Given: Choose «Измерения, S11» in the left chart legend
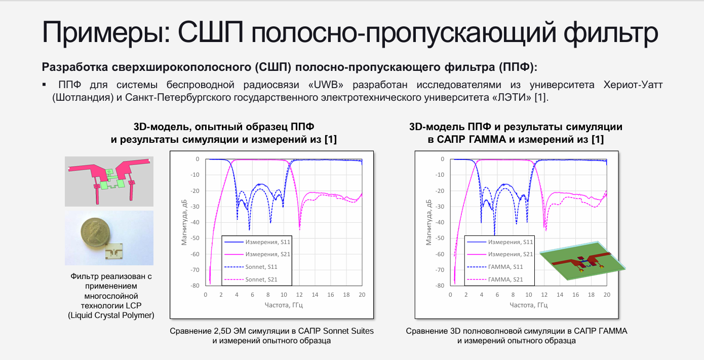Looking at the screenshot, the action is click(x=257, y=242).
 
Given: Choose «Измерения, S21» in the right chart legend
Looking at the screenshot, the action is click(x=500, y=255).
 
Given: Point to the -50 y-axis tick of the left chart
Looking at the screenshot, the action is click(x=195, y=238).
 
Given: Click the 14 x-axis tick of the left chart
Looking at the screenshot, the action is click(x=315, y=295).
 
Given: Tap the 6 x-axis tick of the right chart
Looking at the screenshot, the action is click(x=497, y=295).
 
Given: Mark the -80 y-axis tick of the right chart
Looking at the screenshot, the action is click(x=440, y=286).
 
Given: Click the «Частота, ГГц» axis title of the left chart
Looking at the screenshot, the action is click(x=284, y=305).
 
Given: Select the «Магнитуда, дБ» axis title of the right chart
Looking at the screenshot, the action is click(x=428, y=222).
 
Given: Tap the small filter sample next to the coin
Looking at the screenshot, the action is click(x=114, y=251).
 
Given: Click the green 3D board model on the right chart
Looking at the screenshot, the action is click(x=582, y=260).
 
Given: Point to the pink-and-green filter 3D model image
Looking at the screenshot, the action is click(x=109, y=181).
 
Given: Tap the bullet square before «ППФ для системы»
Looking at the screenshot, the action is click(x=44, y=85).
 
